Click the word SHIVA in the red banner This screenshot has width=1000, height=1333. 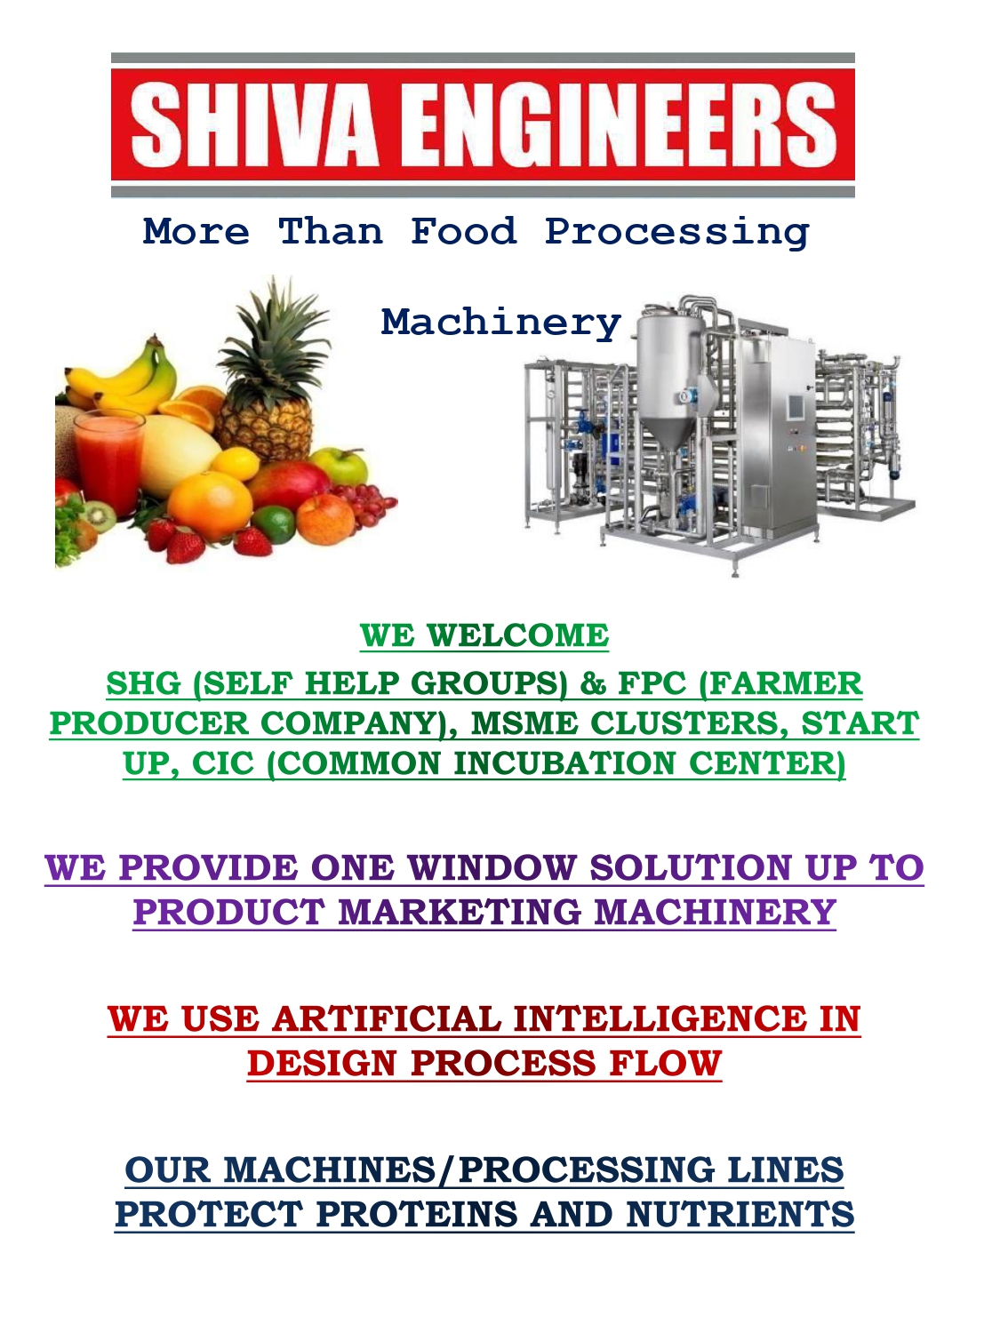click(256, 125)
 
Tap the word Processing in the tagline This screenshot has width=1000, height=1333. click(677, 233)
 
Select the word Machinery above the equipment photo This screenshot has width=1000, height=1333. click(501, 323)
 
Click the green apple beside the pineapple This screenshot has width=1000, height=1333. click(340, 467)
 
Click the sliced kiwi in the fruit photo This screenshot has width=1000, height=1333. click(98, 516)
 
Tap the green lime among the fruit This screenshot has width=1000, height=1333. click(274, 524)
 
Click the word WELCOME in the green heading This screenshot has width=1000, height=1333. click(517, 635)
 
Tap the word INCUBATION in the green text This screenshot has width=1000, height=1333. click(564, 764)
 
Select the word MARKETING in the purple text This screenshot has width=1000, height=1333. click(460, 913)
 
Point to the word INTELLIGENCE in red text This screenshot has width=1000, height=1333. click(660, 1019)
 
